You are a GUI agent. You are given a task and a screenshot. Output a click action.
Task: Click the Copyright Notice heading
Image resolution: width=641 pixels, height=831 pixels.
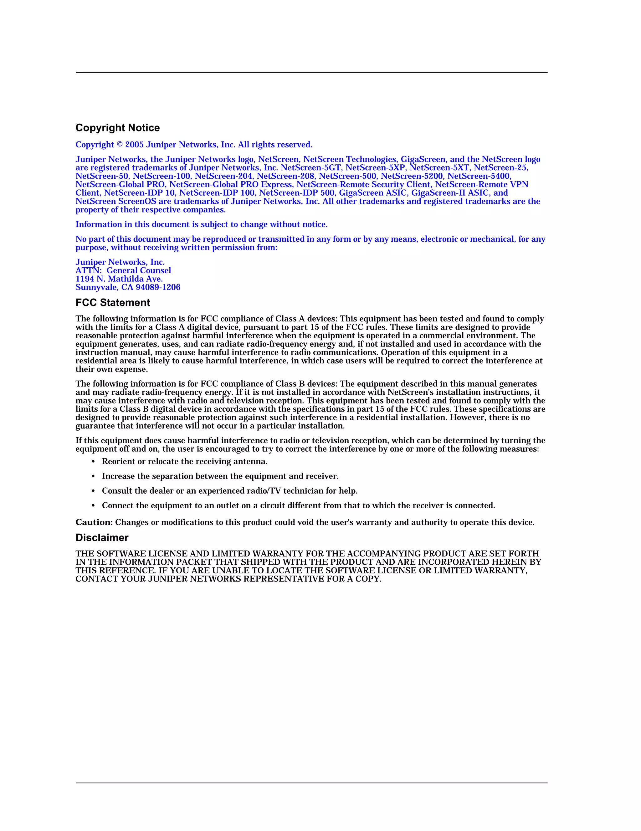[x=118, y=128]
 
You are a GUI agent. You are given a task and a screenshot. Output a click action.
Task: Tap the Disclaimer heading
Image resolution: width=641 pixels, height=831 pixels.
[x=102, y=538]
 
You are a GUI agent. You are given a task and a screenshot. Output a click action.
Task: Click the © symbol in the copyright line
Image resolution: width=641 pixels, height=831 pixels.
[x=120, y=145]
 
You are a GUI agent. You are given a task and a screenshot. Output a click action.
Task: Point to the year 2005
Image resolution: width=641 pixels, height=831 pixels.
[x=134, y=145]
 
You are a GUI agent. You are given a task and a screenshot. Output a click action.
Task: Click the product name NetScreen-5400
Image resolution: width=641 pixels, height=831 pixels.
[x=479, y=176]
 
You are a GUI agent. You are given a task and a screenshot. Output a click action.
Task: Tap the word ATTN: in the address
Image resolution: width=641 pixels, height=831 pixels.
[x=89, y=270]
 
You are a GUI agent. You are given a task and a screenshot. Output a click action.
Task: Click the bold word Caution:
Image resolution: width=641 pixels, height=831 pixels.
[x=94, y=522]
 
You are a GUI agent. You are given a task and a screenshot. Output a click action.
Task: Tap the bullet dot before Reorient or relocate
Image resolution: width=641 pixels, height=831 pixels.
[x=94, y=462]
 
